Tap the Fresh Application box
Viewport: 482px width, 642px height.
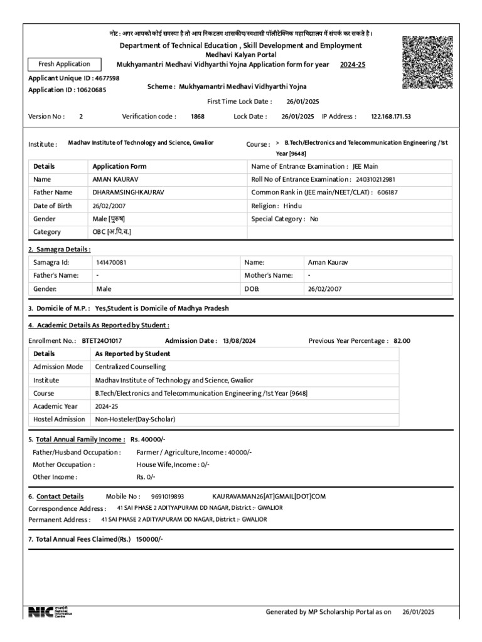pos(63,64)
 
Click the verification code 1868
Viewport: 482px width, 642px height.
pos(198,116)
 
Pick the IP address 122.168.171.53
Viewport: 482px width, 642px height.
pos(391,116)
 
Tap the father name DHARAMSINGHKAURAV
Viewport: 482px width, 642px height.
pos(128,192)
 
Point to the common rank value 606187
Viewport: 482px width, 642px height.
pos(387,192)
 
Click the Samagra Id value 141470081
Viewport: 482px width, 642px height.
pos(112,263)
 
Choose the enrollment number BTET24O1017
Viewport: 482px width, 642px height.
pos(102,340)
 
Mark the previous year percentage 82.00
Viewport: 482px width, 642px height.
pos(402,340)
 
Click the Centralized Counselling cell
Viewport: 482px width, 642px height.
pos(131,367)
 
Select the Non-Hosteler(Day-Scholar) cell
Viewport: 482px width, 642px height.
pos(135,419)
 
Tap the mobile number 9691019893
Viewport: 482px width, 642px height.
pos(168,496)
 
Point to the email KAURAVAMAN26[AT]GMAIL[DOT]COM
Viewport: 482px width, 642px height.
pos(269,496)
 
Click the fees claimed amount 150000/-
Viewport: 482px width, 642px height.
pos(149,539)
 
